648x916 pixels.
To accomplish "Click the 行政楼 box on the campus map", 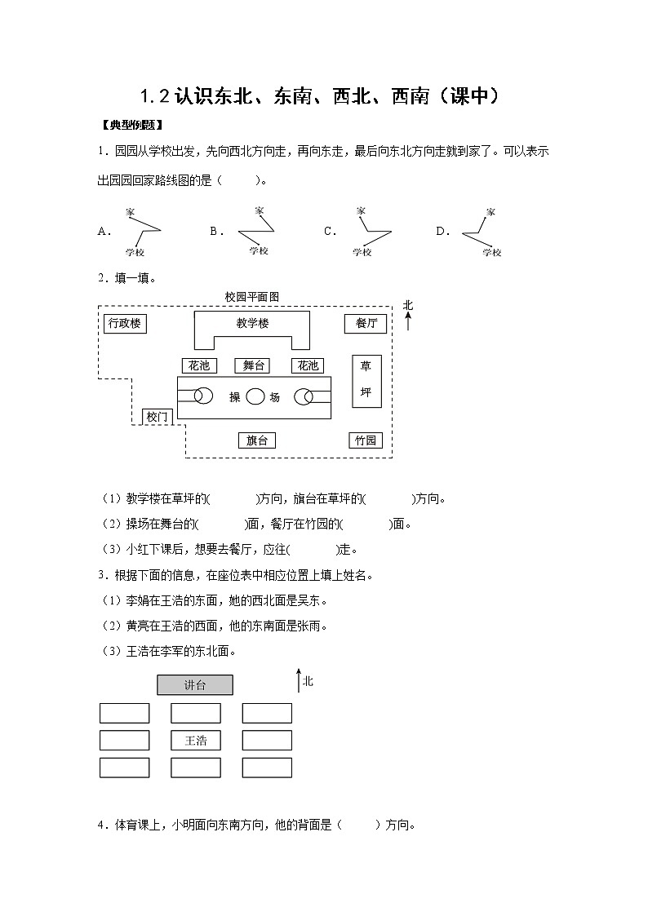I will [126, 324].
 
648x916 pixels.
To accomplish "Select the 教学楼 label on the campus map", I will [252, 324].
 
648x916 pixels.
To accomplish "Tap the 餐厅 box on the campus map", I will [366, 324].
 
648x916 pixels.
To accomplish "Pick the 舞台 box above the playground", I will [252, 365].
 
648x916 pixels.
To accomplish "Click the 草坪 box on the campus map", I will [366, 381].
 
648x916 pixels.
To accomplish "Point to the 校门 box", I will [157, 417].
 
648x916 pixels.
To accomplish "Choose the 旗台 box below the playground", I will [256, 440].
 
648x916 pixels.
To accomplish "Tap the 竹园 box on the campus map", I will [365, 440].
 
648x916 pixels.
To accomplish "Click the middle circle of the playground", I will [255, 397].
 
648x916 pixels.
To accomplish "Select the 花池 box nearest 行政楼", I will [199, 365].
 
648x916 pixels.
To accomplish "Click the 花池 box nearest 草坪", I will [308, 365].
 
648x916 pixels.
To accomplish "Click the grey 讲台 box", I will [195, 685].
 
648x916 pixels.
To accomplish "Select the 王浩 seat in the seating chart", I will [195, 741].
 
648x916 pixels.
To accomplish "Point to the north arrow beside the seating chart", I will [298, 682].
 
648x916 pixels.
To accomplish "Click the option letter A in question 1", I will [104, 231].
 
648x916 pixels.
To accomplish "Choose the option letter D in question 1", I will [442, 231].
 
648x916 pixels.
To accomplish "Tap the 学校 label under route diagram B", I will [259, 250].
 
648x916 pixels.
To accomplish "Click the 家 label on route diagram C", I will [361, 211].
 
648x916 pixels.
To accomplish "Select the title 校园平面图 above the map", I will [251, 298].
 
